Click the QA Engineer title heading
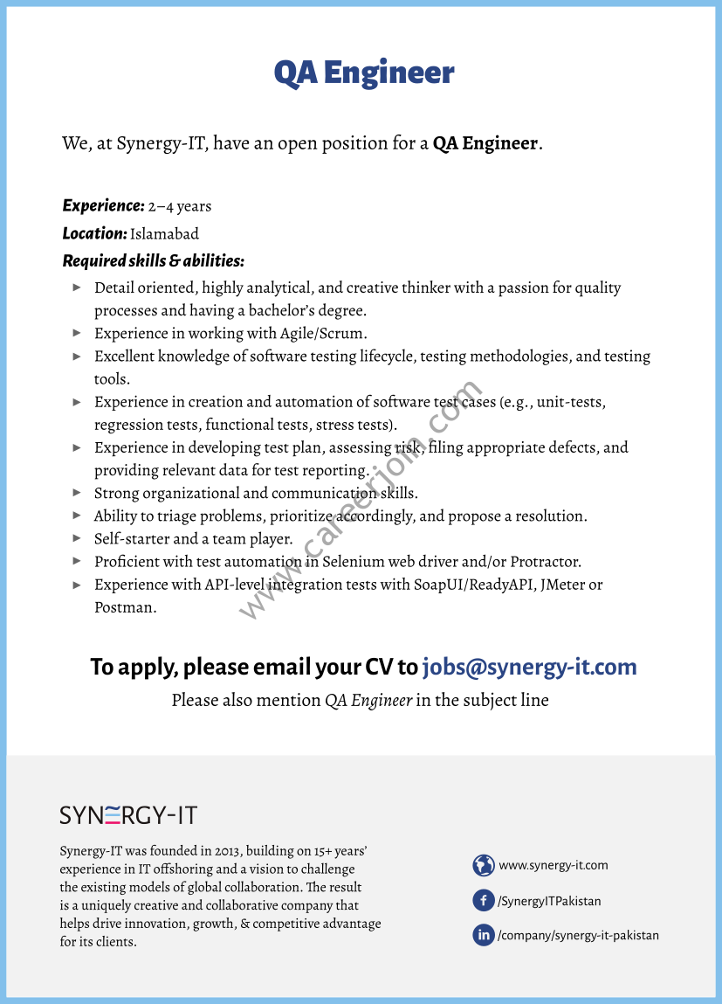tap(363, 73)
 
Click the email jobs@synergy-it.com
tap(529, 668)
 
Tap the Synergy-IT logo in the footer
tap(128, 815)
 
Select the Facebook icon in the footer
tap(484, 900)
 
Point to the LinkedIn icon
tap(484, 935)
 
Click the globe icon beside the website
tap(484, 865)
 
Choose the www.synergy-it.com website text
tap(554, 865)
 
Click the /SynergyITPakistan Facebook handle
tap(549, 901)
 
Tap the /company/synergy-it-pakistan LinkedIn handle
tap(578, 935)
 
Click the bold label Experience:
tap(103, 206)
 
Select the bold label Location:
tap(95, 233)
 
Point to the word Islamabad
tap(164, 234)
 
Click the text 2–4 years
tap(180, 207)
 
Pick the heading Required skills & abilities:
tap(153, 260)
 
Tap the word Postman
tap(125, 607)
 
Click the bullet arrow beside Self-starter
tap(77, 538)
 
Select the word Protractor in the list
tap(545, 562)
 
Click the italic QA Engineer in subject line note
tap(368, 700)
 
